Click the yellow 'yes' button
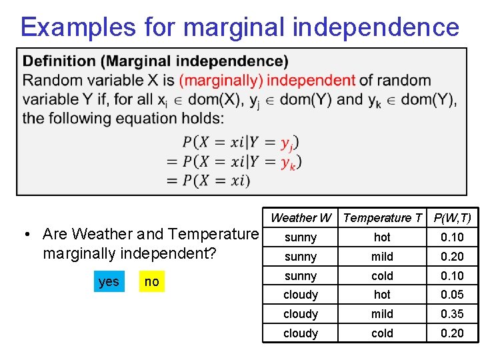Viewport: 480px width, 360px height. coord(108,281)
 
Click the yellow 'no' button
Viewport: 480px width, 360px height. coord(152,281)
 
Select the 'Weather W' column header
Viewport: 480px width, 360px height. coord(301,218)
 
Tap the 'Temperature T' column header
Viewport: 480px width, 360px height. coord(382,218)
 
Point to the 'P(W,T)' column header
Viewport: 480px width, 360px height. coord(452,218)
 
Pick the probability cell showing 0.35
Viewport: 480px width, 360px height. coord(452,314)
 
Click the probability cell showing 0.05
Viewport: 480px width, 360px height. coord(452,295)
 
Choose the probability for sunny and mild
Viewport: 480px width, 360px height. coord(452,257)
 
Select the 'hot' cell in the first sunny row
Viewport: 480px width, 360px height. coord(382,237)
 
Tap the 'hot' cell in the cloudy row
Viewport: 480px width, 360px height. coord(382,295)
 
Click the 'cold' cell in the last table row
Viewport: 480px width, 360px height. coord(382,333)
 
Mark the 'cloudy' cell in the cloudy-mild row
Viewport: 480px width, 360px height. coord(301,314)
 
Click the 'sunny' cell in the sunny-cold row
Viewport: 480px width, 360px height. coord(301,276)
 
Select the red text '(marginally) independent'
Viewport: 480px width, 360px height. coord(267,81)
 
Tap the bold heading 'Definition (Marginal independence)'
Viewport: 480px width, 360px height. coord(155,62)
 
